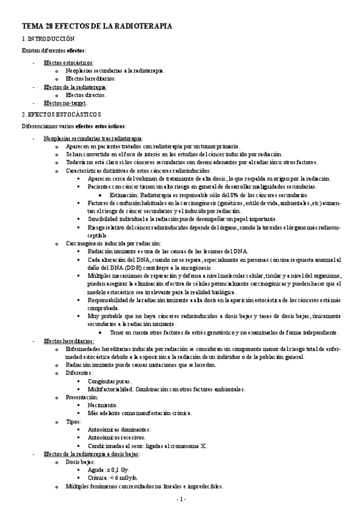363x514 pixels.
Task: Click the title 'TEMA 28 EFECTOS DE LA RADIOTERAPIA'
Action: coord(97,27)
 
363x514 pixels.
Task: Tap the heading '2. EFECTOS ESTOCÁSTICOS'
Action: coord(61,114)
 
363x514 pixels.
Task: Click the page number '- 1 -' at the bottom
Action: coord(181,499)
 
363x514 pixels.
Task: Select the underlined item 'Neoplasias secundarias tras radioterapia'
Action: coord(93,139)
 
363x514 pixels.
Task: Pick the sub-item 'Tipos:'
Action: coord(76,421)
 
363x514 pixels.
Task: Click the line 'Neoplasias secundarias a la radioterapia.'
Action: coord(115,70)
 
